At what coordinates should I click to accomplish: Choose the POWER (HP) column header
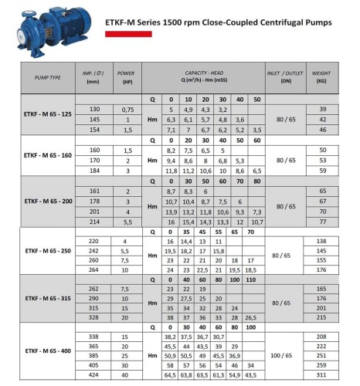[x=126, y=78]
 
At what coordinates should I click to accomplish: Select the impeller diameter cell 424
[x=94, y=374]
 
